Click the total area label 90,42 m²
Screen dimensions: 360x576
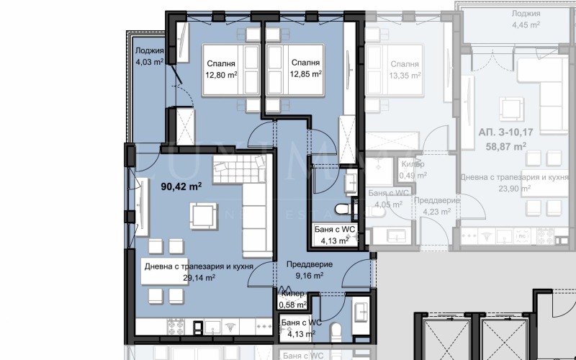click(x=179, y=186)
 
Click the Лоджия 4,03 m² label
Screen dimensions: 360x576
click(x=149, y=56)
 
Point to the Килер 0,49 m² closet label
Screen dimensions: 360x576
click(x=413, y=169)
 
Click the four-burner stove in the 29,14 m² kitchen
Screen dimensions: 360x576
click(x=177, y=328)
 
